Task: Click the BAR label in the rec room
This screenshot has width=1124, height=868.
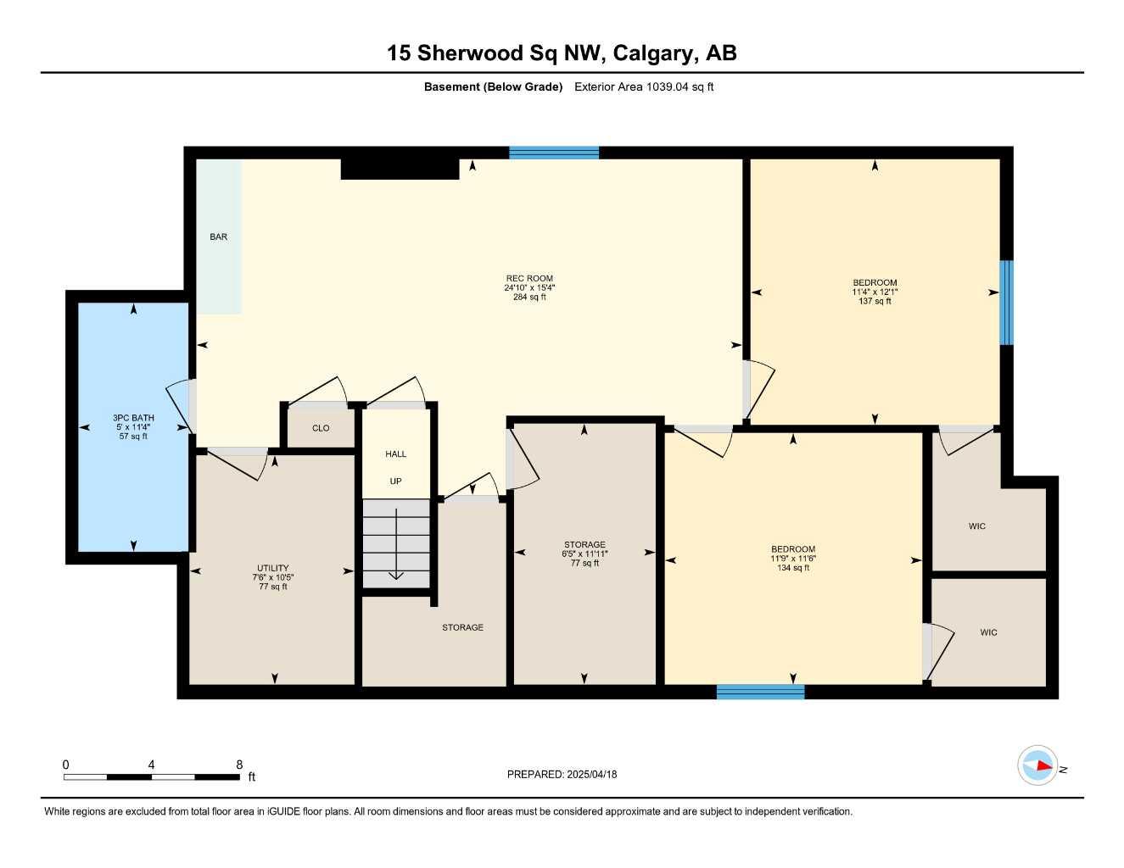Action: coord(218,237)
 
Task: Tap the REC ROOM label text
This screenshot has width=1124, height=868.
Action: coord(529,278)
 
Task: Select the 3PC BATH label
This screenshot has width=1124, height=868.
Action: coord(133,418)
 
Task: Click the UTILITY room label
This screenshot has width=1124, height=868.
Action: coord(273,568)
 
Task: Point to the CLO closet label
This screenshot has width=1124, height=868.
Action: coord(321,428)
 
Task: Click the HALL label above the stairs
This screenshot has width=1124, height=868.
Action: coord(395,454)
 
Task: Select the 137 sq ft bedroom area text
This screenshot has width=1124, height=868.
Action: coord(875,302)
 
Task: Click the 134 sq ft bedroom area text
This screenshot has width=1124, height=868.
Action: coord(793,568)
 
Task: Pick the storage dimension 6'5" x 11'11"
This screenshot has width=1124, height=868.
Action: coord(584,554)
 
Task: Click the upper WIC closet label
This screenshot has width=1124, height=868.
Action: coord(977,526)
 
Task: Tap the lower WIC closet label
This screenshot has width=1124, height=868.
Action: coord(988,632)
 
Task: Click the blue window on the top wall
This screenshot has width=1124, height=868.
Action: coord(554,153)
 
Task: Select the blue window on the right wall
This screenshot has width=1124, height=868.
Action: coord(1006,303)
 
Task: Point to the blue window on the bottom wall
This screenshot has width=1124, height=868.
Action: coord(760,692)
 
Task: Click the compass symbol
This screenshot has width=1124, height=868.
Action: coord(1037,766)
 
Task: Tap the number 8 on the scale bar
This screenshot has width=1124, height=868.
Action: coord(239,765)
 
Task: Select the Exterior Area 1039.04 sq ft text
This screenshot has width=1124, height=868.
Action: coord(644,86)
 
